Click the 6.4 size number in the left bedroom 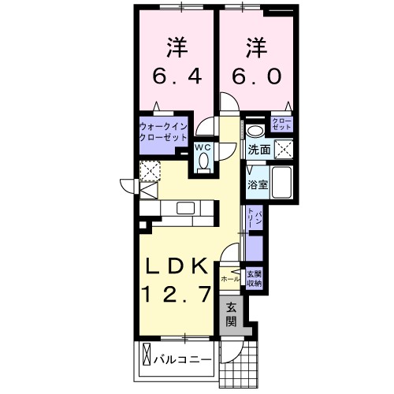(x=177, y=77)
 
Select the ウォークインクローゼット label (x=162, y=131)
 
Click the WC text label (x=203, y=147)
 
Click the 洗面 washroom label (x=259, y=150)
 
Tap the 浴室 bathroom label (x=258, y=185)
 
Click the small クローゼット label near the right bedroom (x=281, y=124)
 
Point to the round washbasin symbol (x=254, y=132)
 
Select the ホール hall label (x=231, y=279)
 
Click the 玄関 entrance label (x=232, y=314)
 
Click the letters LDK (x=177, y=266)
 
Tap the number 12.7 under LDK (x=177, y=295)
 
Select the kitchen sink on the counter (x=185, y=208)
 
